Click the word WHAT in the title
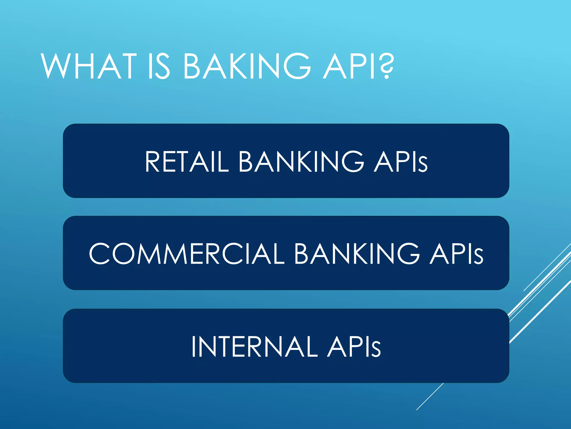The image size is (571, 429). point(89,66)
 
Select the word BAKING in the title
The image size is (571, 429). point(247,66)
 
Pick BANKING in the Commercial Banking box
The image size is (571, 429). point(357,253)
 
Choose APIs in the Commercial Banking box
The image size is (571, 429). point(456,253)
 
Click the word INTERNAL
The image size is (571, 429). point(254,346)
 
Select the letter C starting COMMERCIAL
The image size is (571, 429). point(99,253)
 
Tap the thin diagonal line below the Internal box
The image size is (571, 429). point(430,397)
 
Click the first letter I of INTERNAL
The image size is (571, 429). point(193,346)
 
